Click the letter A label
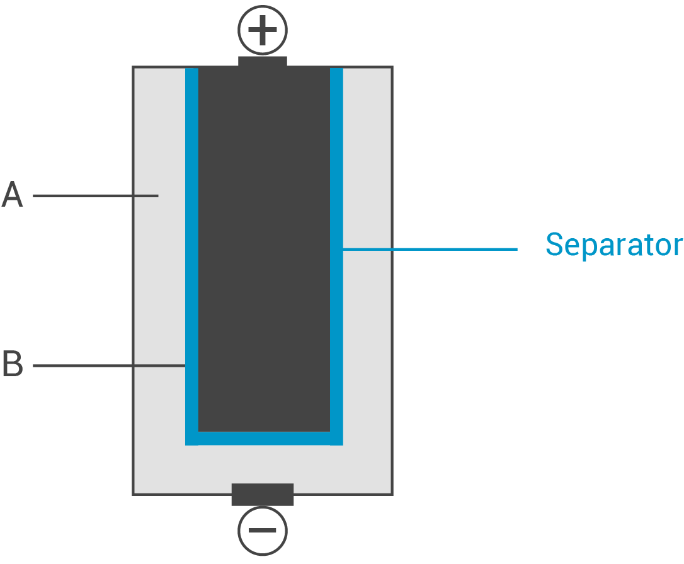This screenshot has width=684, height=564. tap(12, 194)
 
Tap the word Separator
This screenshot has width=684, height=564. tap(613, 245)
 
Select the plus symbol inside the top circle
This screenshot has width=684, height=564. tap(262, 30)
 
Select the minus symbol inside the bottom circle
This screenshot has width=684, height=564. tap(262, 531)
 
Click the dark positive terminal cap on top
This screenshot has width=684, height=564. tap(262, 62)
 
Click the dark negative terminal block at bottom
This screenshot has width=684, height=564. tap(262, 494)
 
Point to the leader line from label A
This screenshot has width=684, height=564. tap(96, 196)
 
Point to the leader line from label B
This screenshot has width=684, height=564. tap(109, 365)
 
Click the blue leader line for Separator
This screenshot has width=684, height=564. tap(430, 250)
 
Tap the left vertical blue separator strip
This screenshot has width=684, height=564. tap(192, 256)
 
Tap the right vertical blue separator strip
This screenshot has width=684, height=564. tap(336, 256)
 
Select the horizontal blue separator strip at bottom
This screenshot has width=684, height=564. tap(264, 439)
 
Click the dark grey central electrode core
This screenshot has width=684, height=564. tap(264, 250)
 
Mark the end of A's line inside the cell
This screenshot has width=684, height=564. tap(158, 196)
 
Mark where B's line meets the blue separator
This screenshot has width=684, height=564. tap(185, 365)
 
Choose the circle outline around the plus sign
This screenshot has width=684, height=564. tap(262, 6)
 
